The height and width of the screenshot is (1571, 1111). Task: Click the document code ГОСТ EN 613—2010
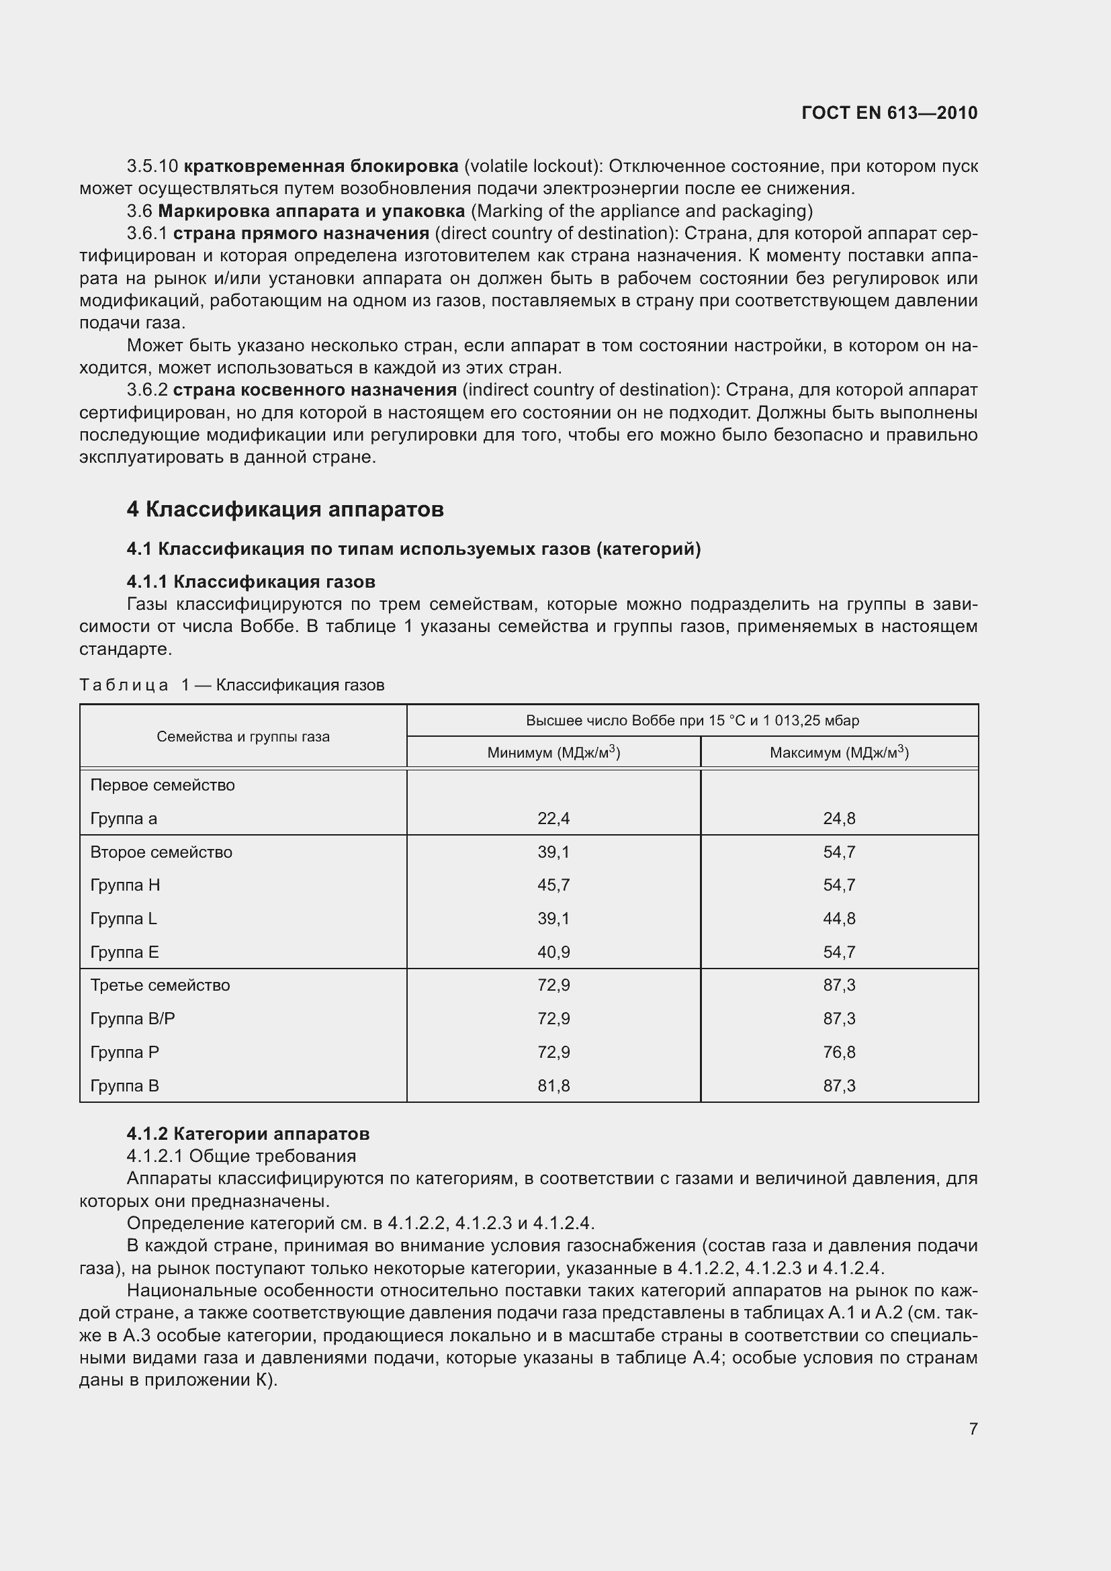889,113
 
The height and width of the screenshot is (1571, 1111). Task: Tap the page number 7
973,1429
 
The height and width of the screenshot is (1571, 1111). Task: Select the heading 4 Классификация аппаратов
285,509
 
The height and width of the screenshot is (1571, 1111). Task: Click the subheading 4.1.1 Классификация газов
251,582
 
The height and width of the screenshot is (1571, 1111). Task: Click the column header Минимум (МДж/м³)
553,753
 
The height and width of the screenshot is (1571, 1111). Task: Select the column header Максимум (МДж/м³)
839,753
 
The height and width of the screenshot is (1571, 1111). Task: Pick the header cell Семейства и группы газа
243,737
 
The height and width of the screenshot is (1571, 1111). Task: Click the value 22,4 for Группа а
553,818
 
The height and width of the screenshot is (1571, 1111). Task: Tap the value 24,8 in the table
839,818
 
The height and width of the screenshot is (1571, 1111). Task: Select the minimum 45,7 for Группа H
553,885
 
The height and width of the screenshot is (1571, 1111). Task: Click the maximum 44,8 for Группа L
839,919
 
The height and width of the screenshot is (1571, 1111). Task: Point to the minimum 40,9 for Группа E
553,952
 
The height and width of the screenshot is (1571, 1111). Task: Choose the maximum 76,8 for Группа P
839,1052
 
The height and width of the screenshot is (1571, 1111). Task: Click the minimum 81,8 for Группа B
553,1086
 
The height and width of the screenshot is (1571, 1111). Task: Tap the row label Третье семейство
160,985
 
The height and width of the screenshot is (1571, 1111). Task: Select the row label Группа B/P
133,1019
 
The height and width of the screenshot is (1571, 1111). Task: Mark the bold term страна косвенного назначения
314,390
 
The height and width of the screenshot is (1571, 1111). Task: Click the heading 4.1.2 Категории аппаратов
248,1134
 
